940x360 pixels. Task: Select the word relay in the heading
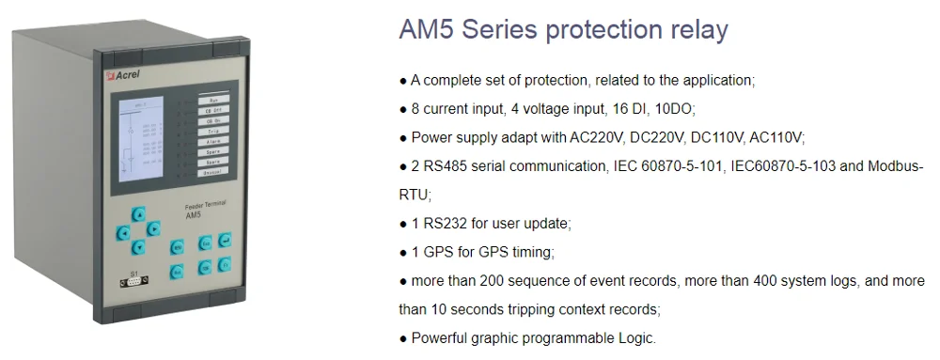click(x=694, y=30)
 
